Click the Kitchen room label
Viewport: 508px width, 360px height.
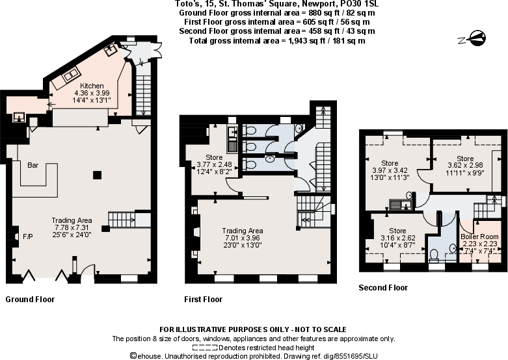tap(92, 86)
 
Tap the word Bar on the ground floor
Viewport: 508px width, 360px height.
tap(33, 165)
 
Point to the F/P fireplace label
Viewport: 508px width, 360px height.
tap(28, 236)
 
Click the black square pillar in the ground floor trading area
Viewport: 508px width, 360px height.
tap(96, 174)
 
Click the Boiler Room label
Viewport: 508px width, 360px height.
tap(479, 236)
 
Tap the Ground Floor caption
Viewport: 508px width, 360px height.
tap(30, 300)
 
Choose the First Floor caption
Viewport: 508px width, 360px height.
tap(204, 300)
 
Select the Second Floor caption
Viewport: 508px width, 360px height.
tap(383, 287)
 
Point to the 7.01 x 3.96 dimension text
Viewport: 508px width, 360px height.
tap(242, 239)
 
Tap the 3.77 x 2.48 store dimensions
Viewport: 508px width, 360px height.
tap(214, 165)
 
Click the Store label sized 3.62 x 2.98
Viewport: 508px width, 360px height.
tap(465, 159)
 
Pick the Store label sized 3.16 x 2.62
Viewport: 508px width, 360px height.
tap(397, 231)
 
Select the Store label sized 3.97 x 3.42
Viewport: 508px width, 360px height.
tap(390, 163)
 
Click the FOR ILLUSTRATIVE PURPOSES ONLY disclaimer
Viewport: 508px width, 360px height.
tap(253, 329)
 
